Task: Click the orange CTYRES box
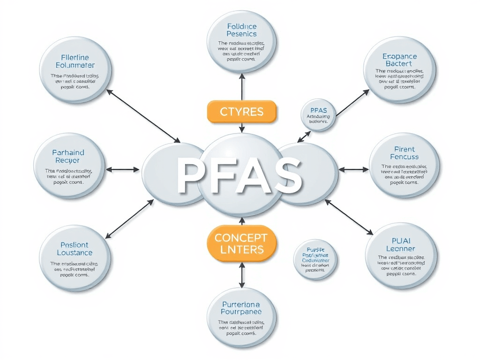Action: point(241,112)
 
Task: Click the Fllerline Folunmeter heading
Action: point(75,61)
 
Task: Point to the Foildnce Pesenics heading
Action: point(241,30)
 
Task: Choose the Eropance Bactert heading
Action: point(399,60)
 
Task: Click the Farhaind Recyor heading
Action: point(69,157)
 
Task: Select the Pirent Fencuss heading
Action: point(404,153)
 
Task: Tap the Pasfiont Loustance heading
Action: point(75,249)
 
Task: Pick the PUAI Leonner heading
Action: point(400,245)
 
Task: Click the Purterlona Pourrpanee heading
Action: point(241,307)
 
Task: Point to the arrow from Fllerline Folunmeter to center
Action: point(143,116)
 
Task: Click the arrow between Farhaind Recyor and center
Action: point(123,169)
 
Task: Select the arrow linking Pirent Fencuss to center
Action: point(353,169)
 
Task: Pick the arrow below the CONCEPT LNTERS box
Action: point(242,274)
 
